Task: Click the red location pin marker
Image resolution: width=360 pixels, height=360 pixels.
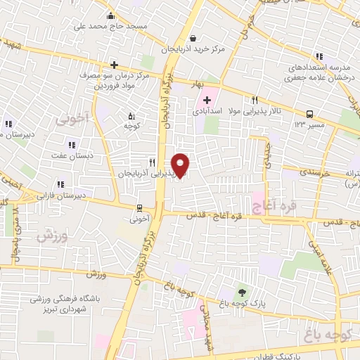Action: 181,165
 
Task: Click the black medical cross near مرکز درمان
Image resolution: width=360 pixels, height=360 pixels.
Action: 114,64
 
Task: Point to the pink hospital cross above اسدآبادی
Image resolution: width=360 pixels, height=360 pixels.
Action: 207,99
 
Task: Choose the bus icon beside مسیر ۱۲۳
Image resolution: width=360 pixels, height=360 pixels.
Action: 309,114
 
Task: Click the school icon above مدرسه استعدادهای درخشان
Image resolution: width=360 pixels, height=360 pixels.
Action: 319,56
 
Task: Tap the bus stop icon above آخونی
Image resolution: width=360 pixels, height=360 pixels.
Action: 139,207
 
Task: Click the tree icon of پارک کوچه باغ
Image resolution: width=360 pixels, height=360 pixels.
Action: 243,292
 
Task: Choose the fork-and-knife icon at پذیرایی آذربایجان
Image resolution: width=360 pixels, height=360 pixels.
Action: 150,161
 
